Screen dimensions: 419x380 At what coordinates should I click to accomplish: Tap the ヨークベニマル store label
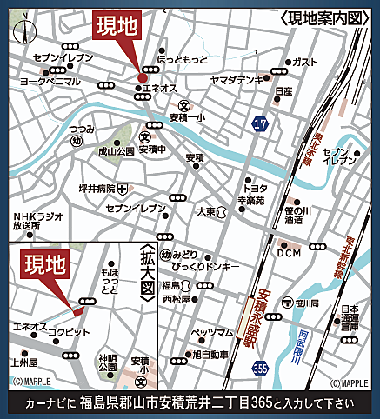(x=50, y=81)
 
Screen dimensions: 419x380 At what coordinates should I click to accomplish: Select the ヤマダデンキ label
(x=236, y=79)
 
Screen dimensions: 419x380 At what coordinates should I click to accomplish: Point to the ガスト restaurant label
(x=304, y=62)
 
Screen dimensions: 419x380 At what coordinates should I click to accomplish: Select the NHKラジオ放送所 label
(x=38, y=222)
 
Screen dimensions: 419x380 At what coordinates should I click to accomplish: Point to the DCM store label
(x=289, y=254)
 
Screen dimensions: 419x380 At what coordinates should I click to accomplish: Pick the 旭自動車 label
(x=209, y=355)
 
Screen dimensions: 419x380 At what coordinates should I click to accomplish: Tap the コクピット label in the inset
(x=68, y=332)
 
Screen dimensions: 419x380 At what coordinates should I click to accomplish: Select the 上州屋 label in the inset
(x=24, y=360)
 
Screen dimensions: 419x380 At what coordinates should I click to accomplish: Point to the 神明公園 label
(x=107, y=362)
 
